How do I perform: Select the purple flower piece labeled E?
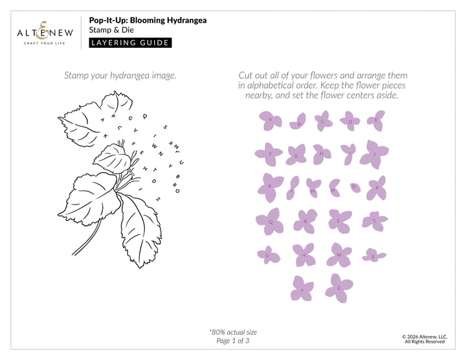[x=375, y=120]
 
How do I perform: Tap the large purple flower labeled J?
[x=373, y=154]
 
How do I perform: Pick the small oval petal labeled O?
[x=353, y=186]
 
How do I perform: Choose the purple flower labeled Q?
[x=271, y=221]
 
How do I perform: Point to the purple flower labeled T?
[x=373, y=221]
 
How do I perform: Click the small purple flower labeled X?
[x=373, y=255]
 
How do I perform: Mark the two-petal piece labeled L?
[x=292, y=188]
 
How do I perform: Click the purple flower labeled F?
[x=269, y=154]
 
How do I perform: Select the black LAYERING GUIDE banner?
[x=130, y=43]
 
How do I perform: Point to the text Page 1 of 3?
[x=233, y=341]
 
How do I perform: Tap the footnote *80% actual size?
[x=233, y=332]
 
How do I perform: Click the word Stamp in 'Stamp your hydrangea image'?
[x=78, y=76]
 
